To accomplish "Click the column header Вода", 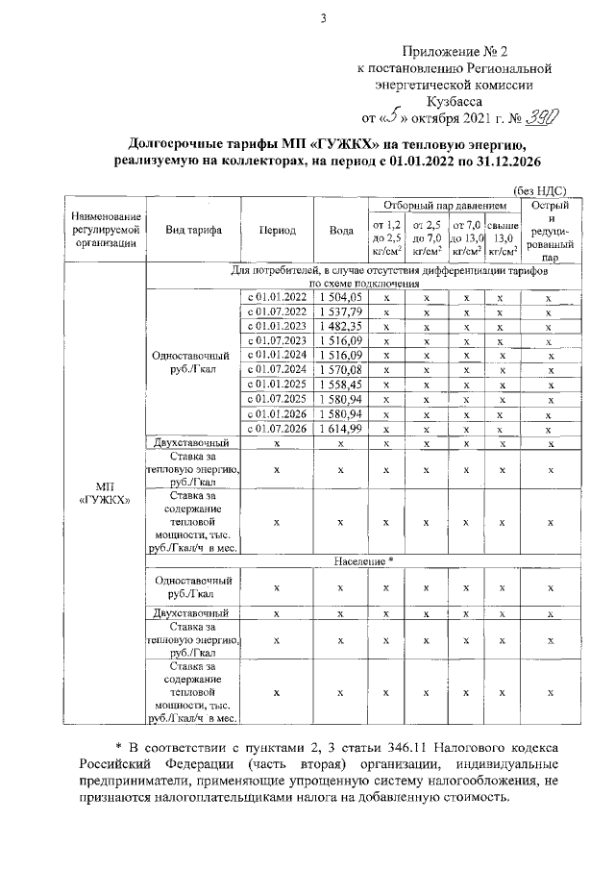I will (x=341, y=231).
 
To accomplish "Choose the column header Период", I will (x=277, y=231).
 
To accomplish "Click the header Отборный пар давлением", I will (x=443, y=206).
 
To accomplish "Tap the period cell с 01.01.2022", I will (x=277, y=298).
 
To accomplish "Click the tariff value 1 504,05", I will (x=341, y=298).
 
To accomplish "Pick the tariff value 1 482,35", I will (x=341, y=327).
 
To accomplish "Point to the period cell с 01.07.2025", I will (x=277, y=399).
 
